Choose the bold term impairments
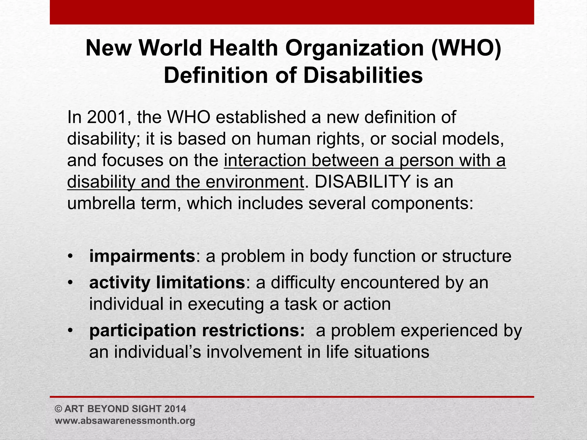pyautogui.click(x=142, y=256)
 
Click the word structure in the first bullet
pyautogui.click(x=476, y=256)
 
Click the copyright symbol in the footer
pyautogui.click(x=58, y=409)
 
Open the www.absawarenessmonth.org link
pyautogui.click(x=125, y=421)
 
